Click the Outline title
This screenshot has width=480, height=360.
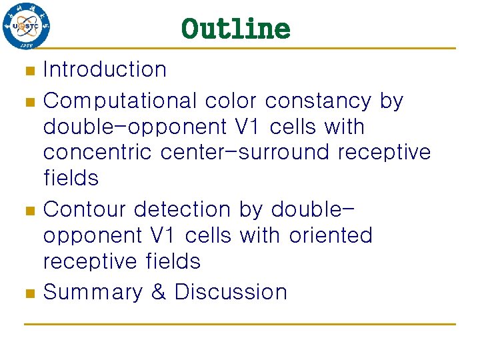[235, 29]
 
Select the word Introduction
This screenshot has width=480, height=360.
[105, 69]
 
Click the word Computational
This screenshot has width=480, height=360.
[120, 101]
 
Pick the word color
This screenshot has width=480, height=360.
[231, 101]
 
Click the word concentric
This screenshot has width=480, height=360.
[99, 153]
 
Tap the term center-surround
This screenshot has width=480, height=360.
[247, 153]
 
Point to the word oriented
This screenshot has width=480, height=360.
[331, 235]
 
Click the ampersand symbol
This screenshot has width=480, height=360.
[159, 292]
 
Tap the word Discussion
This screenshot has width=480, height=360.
[231, 292]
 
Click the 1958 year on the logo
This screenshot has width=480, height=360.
[26, 44]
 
